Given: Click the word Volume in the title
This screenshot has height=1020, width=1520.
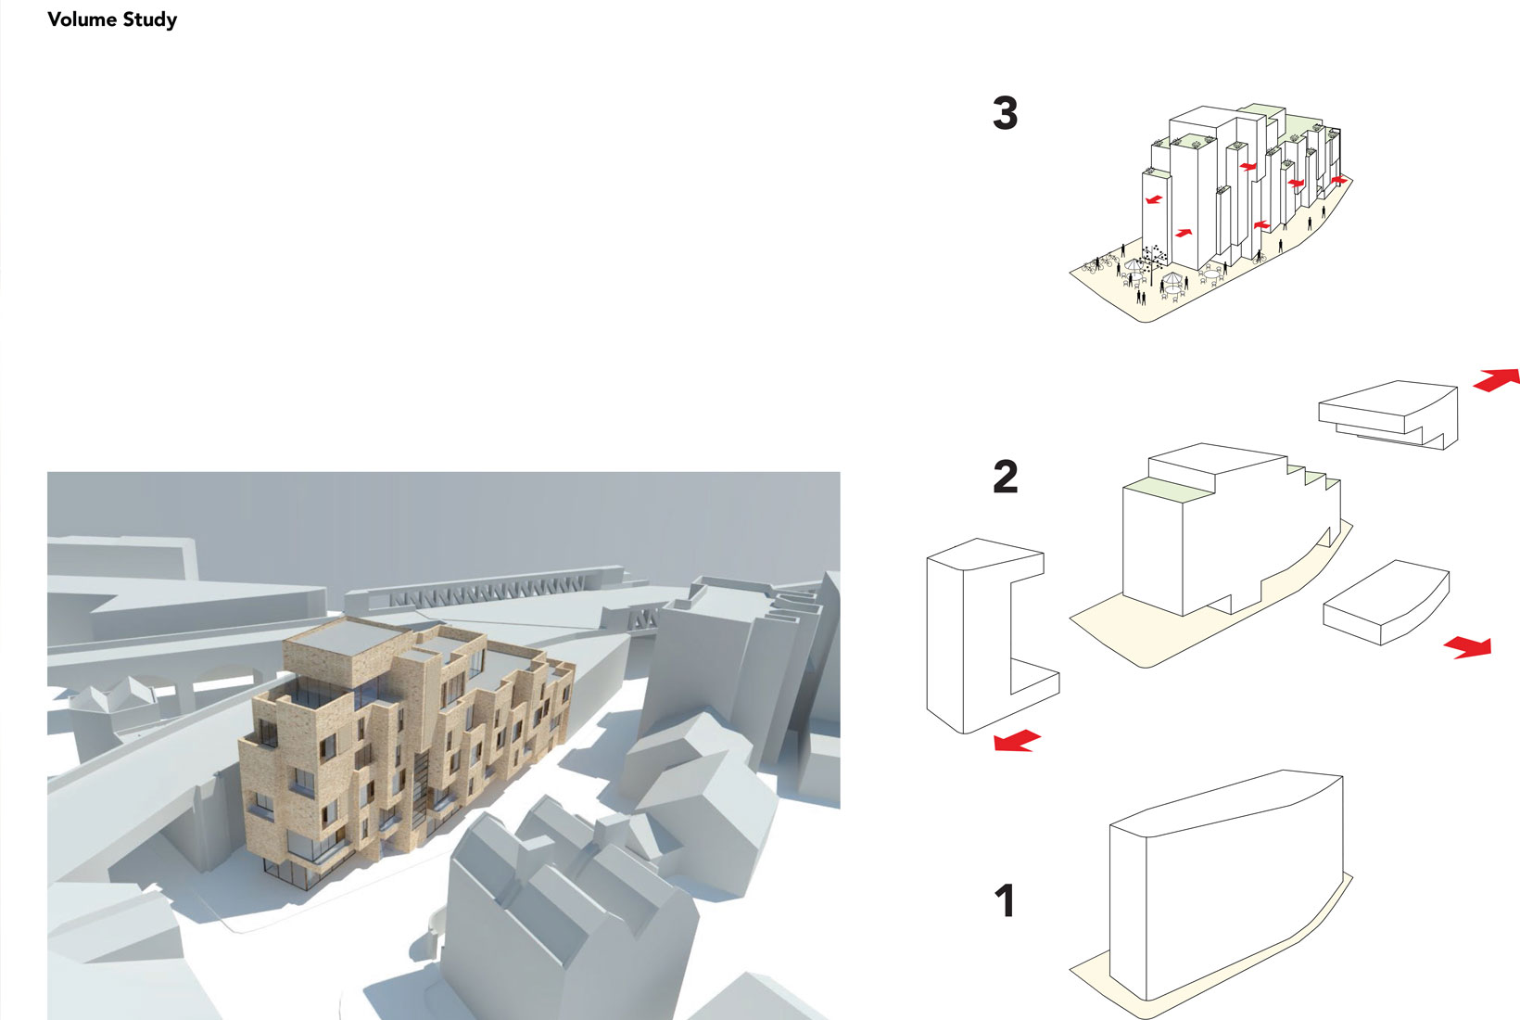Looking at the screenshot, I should tap(82, 19).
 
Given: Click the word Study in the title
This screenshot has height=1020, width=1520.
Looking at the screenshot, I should tap(149, 19).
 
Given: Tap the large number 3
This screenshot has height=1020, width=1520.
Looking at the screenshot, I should tap(1005, 113).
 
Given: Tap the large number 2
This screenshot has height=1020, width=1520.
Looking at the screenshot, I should tap(1005, 477).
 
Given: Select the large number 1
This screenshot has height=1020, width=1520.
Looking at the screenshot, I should tap(1005, 901).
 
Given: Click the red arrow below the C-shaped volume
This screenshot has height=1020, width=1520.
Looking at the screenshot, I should tap(1017, 741).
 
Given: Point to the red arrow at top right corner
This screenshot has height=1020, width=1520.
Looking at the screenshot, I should tap(1496, 379).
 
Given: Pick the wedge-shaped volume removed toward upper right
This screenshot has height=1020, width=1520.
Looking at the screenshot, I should tap(1386, 413).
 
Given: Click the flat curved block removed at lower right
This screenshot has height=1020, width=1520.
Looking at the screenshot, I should tap(1386, 603).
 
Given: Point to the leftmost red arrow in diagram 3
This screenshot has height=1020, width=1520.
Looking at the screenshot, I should tap(1152, 199).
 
